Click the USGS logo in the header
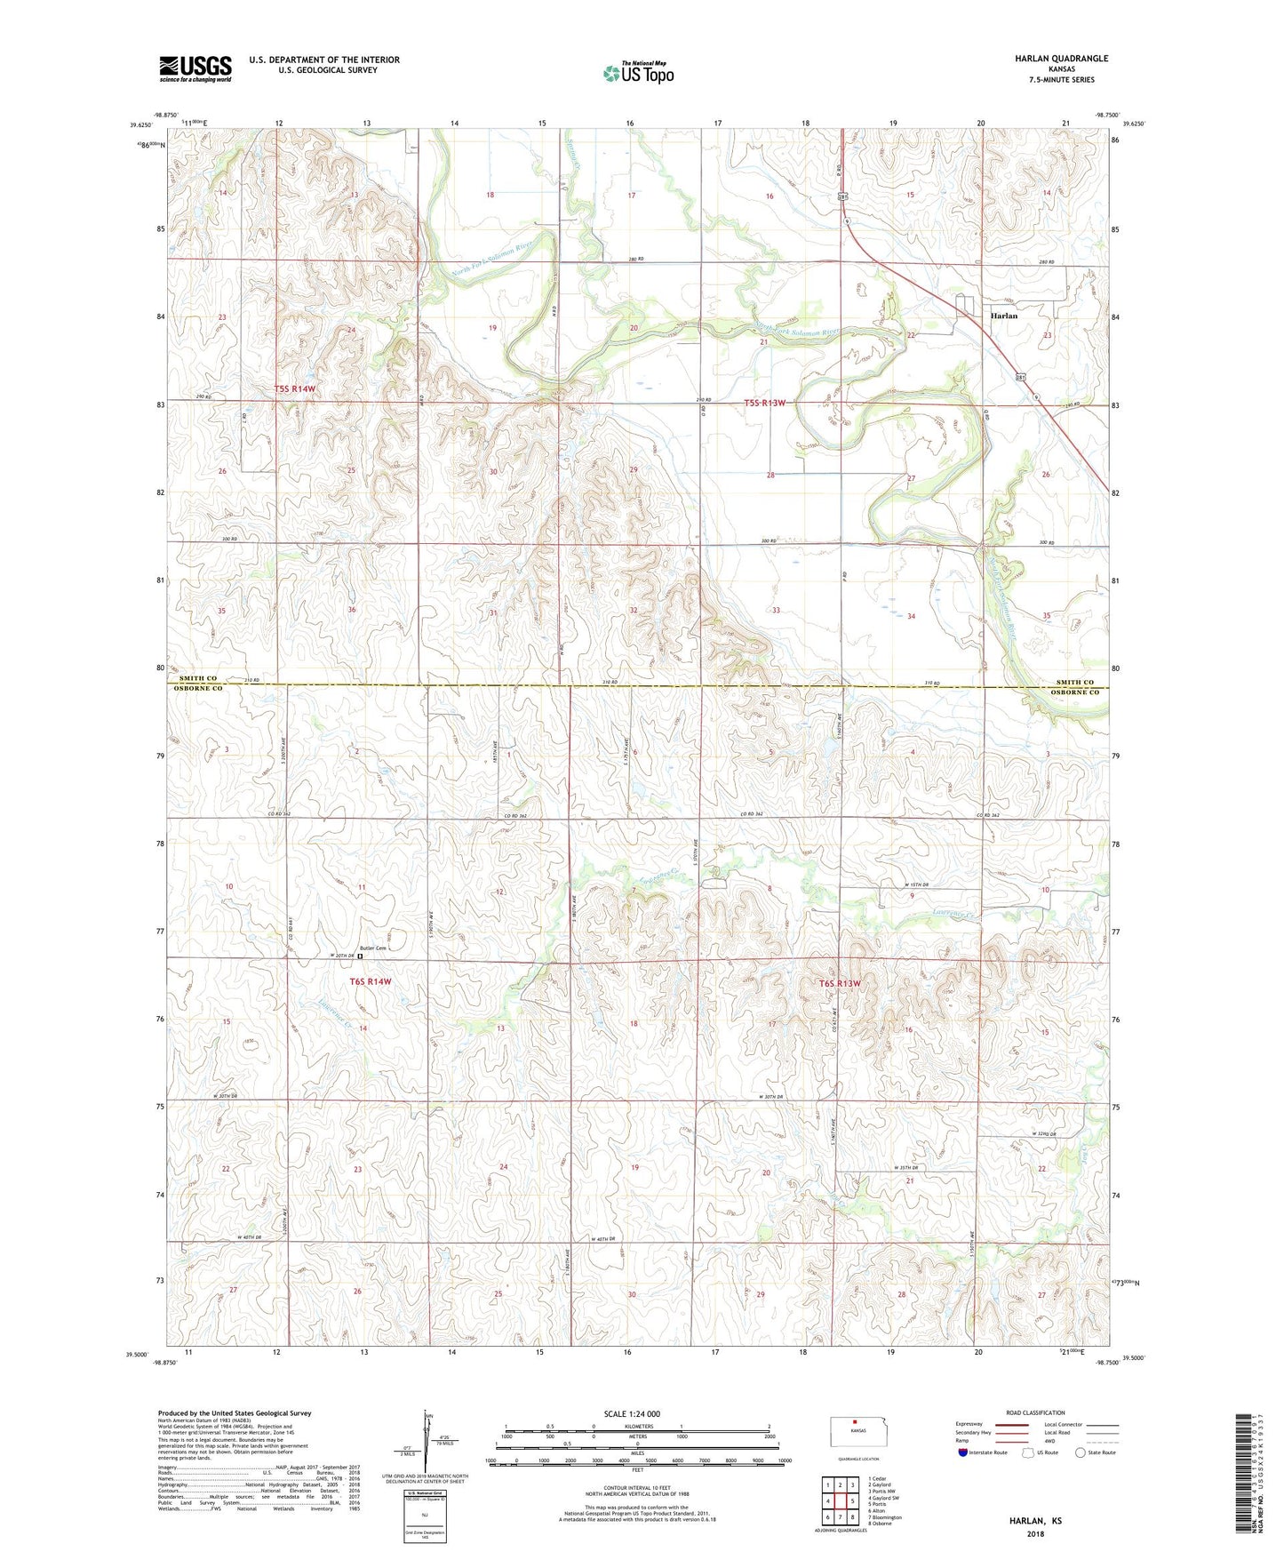(x=195, y=68)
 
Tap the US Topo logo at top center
(x=638, y=73)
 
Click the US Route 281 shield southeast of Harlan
(x=1021, y=378)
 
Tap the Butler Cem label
(x=373, y=948)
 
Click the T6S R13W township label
(x=840, y=983)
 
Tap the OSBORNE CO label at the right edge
(x=1075, y=692)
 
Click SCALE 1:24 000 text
(x=631, y=1413)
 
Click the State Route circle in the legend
(x=1081, y=1452)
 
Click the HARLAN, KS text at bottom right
(x=1035, y=1521)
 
